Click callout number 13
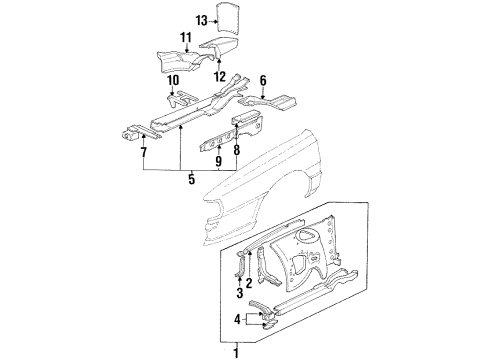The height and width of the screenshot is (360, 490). [x=202, y=21]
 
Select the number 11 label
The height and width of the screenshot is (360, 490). [x=186, y=38]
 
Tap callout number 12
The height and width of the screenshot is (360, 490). [x=220, y=77]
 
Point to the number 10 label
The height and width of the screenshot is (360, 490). [x=173, y=81]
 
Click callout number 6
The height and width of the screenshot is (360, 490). [x=263, y=81]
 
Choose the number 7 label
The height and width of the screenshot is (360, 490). [x=144, y=153]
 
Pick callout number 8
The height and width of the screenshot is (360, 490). [x=237, y=150]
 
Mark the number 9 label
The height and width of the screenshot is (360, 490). [x=218, y=161]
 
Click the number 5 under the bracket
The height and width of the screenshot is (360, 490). [x=191, y=179]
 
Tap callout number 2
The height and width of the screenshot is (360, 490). [x=249, y=283]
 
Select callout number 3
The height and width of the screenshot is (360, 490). [x=240, y=293]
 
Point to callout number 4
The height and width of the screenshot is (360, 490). [x=237, y=320]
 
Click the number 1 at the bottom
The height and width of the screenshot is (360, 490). [x=236, y=353]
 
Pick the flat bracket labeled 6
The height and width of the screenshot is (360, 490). [x=269, y=101]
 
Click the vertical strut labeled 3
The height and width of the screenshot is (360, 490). [x=241, y=264]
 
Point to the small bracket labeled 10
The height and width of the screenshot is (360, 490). [x=181, y=99]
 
